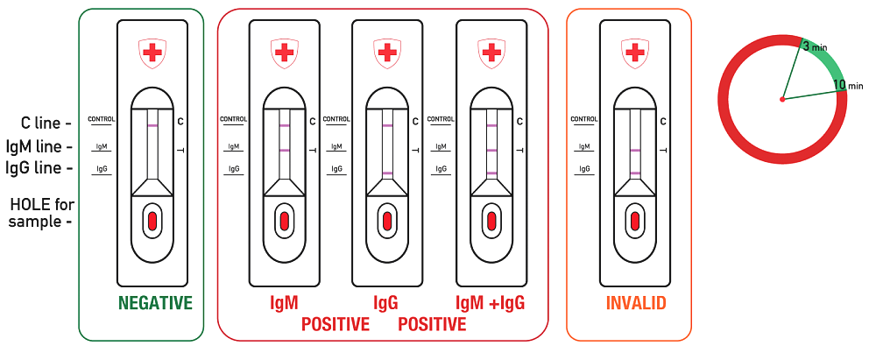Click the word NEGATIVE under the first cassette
click(155, 303)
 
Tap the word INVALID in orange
click(636, 303)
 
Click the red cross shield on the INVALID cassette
click(634, 53)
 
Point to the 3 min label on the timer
click(815, 47)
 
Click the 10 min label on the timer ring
click(848, 85)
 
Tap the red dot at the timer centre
click(782, 100)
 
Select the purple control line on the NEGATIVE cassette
click(152, 126)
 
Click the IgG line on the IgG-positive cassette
click(387, 173)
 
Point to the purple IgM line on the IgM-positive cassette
click(285, 151)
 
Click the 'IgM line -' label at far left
click(39, 146)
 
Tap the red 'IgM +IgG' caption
click(491, 303)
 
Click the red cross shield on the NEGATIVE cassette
click(152, 53)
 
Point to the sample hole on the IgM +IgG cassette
click(491, 220)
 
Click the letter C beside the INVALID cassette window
click(662, 121)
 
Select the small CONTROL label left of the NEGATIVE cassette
click(102, 119)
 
